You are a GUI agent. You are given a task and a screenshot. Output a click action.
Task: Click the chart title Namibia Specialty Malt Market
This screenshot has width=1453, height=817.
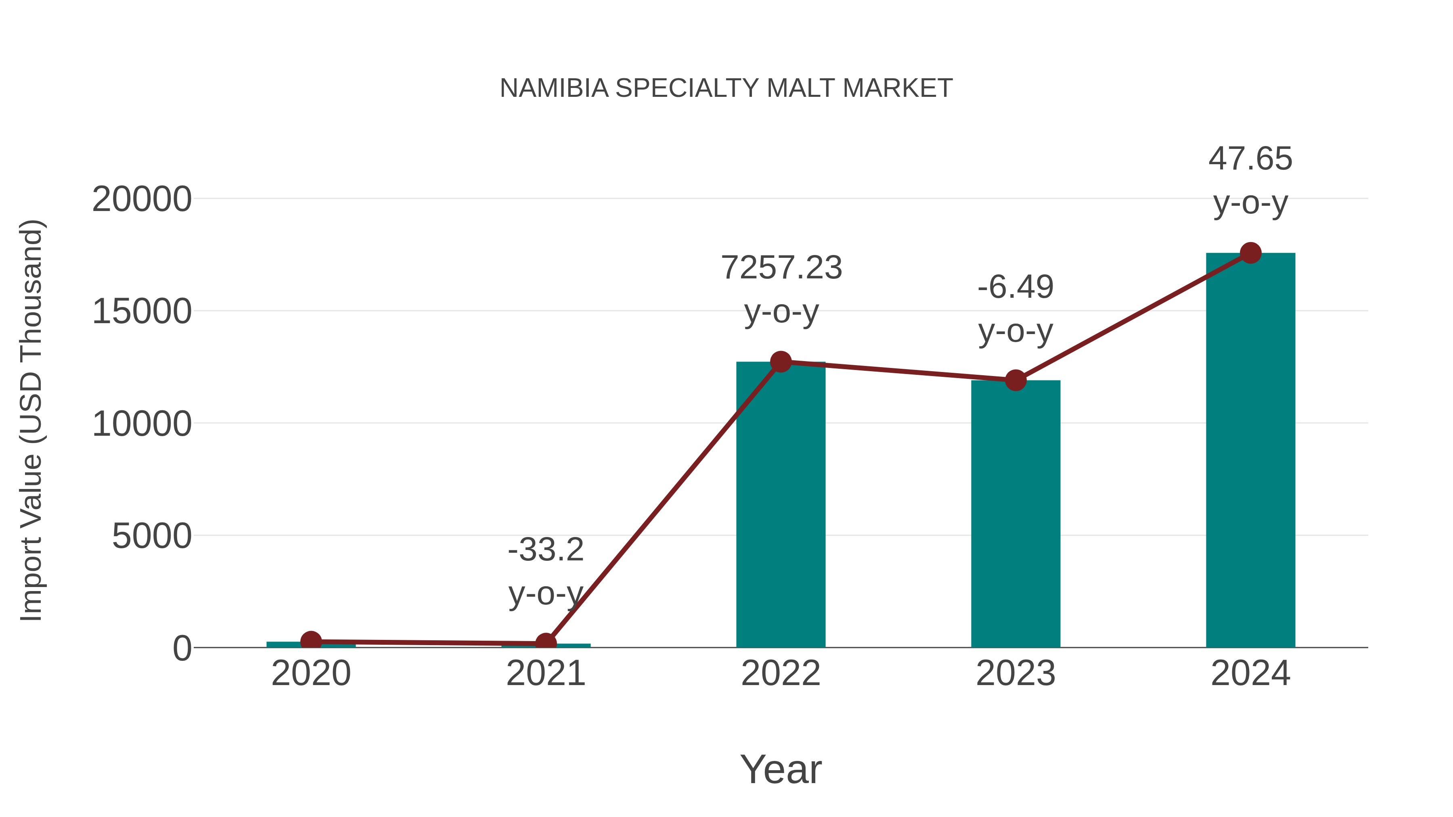pos(726,88)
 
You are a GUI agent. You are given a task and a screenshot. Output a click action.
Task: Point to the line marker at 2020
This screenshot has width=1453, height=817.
pos(311,641)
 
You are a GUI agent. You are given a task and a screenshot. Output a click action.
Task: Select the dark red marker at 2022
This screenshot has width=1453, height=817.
pos(781,362)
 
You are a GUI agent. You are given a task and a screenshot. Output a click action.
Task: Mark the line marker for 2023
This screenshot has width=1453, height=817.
pos(1015,380)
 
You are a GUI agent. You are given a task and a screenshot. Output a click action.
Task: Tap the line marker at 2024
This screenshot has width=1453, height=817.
pos(1250,253)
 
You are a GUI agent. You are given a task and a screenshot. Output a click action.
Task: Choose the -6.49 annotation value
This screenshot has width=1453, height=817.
pos(1015,287)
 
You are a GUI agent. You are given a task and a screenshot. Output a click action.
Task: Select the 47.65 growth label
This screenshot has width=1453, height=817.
pos(1250,159)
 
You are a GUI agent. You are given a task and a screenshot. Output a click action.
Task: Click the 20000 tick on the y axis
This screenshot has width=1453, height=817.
pos(142,200)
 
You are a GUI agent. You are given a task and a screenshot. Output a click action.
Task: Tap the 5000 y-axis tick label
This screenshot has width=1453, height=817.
pos(152,536)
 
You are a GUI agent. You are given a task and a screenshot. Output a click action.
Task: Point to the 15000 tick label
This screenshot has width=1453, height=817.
pos(142,312)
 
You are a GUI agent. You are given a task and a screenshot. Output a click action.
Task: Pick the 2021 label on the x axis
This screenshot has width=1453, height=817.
pos(545,673)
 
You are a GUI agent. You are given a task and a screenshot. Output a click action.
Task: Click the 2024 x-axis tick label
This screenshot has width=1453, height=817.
pos(1250,673)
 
